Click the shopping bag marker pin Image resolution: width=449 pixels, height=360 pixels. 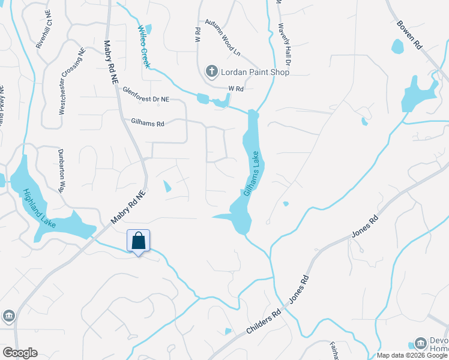coord(138,242)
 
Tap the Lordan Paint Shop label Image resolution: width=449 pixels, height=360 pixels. coord(254,72)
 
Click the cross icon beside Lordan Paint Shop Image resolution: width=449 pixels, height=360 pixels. coord(211,72)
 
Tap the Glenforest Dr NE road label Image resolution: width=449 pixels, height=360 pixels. coord(146,94)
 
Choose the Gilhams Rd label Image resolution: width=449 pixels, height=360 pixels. coord(147,122)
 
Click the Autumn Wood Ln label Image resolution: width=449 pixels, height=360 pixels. coord(222,39)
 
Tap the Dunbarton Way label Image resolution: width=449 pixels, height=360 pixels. coord(61,170)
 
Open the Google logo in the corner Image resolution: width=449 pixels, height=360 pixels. coord(20,353)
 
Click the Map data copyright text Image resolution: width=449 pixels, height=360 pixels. coord(412,355)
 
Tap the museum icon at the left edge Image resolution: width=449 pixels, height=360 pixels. coord(8,316)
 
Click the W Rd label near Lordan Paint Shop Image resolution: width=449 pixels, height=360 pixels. coord(235,88)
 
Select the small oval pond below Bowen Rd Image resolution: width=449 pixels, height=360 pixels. coord(397,46)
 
